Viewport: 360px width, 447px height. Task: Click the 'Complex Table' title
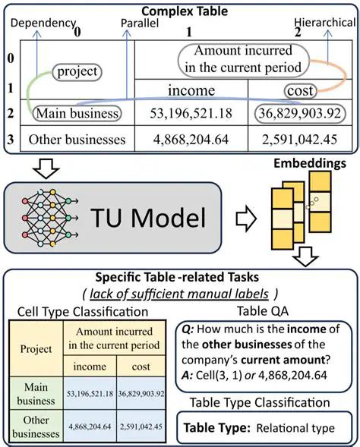[x=180, y=10]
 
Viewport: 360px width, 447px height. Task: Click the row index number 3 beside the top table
[x=11, y=140]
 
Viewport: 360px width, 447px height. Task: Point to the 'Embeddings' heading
[x=311, y=163]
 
